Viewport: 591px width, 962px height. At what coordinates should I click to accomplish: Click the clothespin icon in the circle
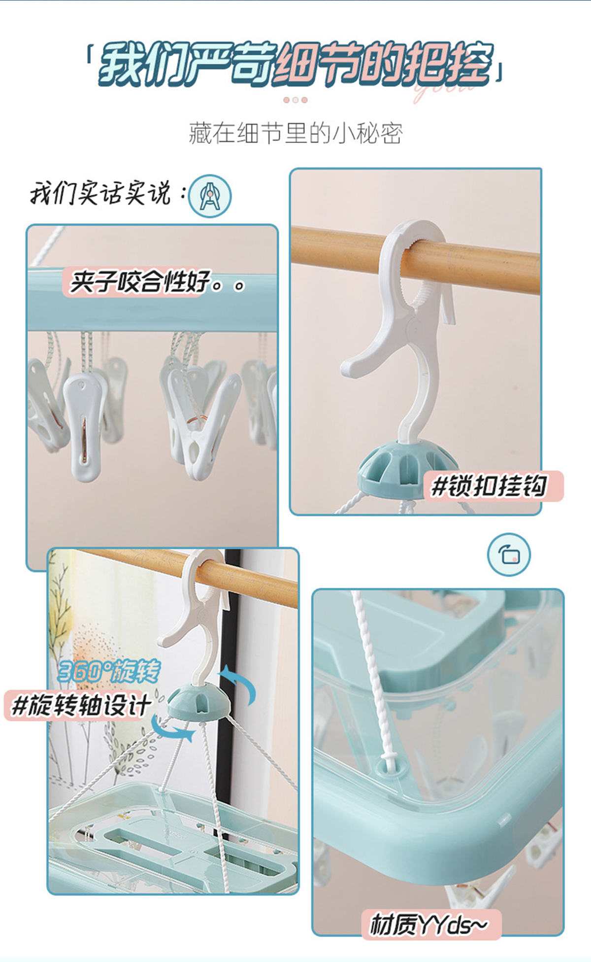210,196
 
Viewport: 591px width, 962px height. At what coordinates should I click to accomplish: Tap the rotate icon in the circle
509,554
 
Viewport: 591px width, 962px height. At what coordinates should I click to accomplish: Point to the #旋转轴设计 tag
81,705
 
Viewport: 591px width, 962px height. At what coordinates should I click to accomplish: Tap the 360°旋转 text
109,671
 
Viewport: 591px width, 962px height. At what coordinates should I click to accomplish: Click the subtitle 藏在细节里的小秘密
295,134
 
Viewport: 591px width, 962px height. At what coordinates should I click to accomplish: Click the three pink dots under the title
295,100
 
